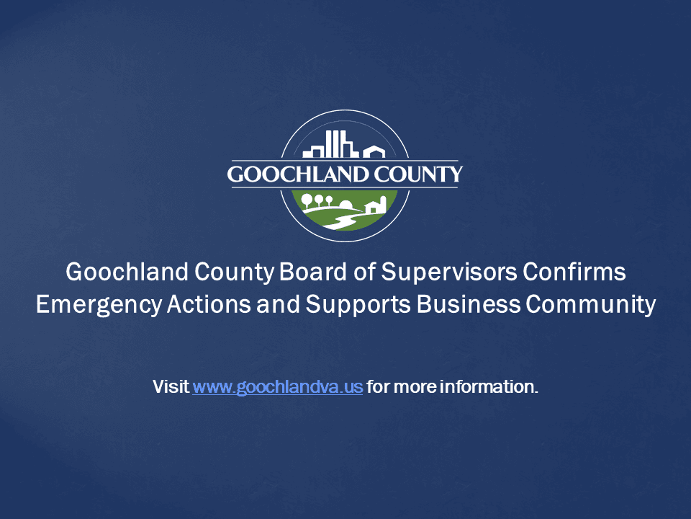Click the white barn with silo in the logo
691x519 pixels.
click(376, 205)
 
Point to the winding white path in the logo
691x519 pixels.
click(338, 217)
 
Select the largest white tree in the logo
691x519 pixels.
click(307, 200)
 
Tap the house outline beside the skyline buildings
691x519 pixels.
click(374, 151)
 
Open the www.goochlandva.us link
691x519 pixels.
click(277, 386)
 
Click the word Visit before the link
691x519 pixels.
click(171, 386)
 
